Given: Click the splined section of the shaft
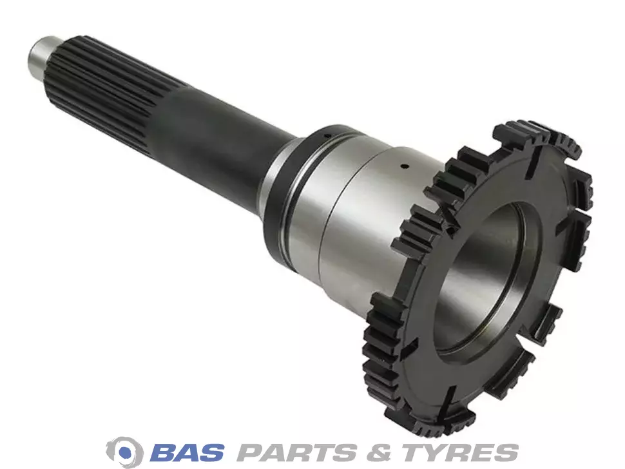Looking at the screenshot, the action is coord(108,92).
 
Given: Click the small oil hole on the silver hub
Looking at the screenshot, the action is coord(403,166).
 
